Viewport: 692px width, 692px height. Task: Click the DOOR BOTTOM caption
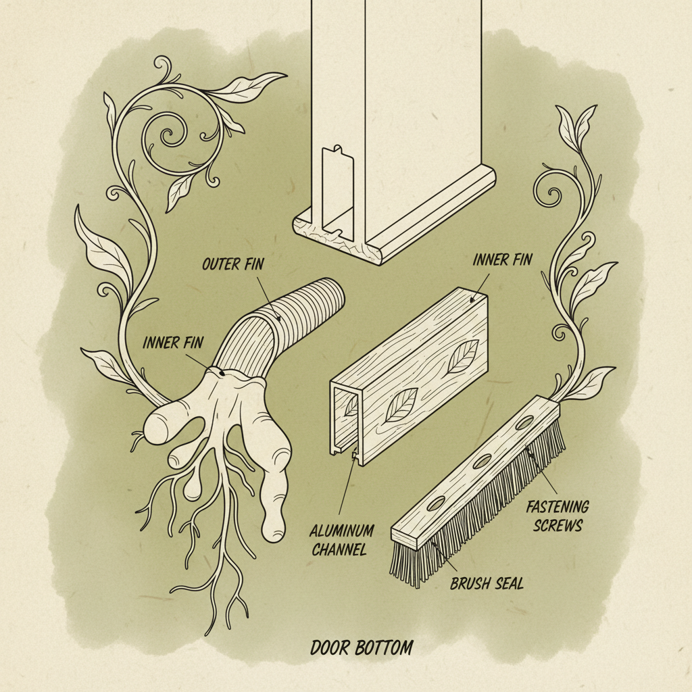coord(362,647)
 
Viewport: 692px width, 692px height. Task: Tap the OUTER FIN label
coord(231,264)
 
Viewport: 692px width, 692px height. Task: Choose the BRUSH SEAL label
coord(487,583)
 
